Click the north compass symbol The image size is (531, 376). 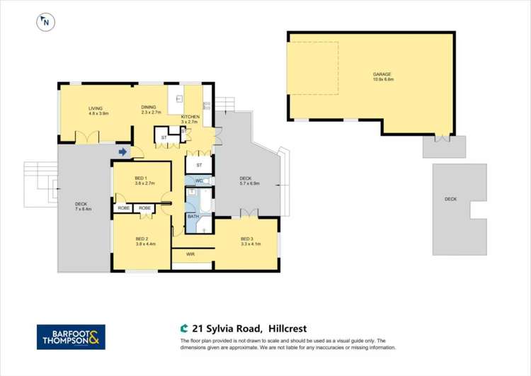coord(45,22)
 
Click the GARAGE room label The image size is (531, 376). coord(382,74)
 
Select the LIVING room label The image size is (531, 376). coord(96,108)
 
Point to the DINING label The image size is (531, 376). coord(149,108)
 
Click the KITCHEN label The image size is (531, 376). coord(190,117)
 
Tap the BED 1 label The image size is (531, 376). coord(141,178)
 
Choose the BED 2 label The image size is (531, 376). coord(142,239)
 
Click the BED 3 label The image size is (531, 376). coord(246,239)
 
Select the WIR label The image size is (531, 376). coord(190,253)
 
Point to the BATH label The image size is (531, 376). coord(193,217)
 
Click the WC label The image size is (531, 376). coord(199,181)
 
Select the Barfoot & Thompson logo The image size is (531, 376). coord(71,337)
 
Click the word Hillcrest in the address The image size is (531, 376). coord(292,329)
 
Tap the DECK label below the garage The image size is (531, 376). coord(451,200)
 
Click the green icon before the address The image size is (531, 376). coord(184,329)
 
